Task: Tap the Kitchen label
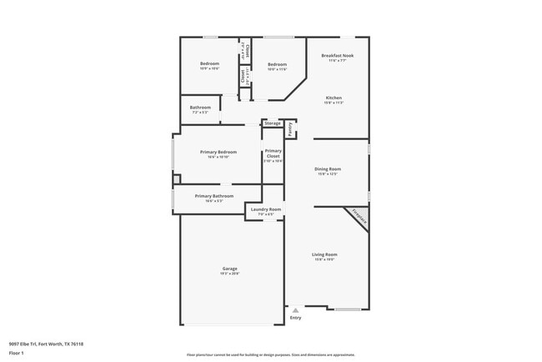coord(334,98)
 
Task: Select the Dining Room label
coord(328,169)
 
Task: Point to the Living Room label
coord(324,254)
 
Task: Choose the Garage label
coord(229,269)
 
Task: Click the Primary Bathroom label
coord(214,196)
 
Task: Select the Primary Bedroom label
coord(218,152)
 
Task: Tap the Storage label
coord(273,123)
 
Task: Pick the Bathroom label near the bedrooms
coord(200,107)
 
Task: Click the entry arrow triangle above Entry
coord(295,309)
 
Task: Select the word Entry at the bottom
coord(295,318)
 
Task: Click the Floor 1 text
coord(17,354)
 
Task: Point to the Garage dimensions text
coord(229,274)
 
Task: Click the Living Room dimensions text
coord(324,259)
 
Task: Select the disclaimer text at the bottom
coord(271,354)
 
